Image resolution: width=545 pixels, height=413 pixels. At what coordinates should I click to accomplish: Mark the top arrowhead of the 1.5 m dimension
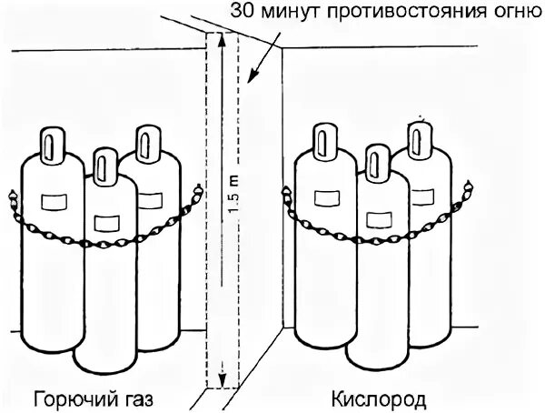click(220, 38)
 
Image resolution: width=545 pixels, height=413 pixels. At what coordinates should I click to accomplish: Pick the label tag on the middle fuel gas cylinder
click(106, 223)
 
